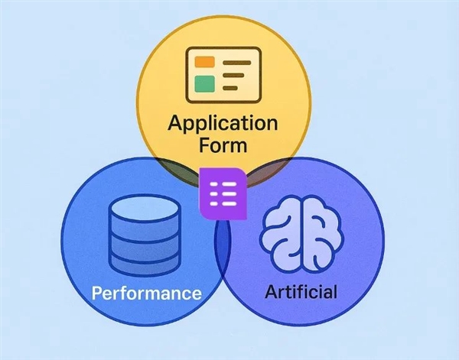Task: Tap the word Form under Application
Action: (223, 145)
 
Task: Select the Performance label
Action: (146, 294)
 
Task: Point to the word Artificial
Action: (301, 292)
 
